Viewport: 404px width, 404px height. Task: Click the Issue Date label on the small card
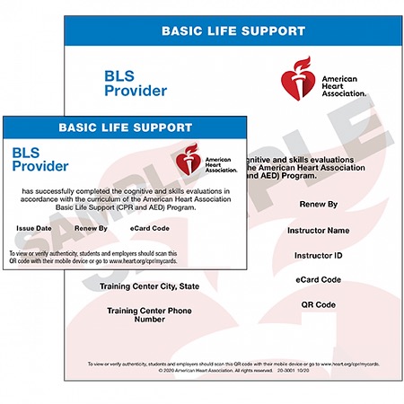[x=34, y=229]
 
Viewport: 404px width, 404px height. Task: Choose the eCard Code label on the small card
[x=150, y=229]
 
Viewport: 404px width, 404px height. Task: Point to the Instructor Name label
[x=318, y=230]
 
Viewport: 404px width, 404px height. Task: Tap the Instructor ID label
[x=318, y=255]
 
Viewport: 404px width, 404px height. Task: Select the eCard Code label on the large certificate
[x=318, y=279]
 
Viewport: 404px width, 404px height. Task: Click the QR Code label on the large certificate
[x=318, y=304]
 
